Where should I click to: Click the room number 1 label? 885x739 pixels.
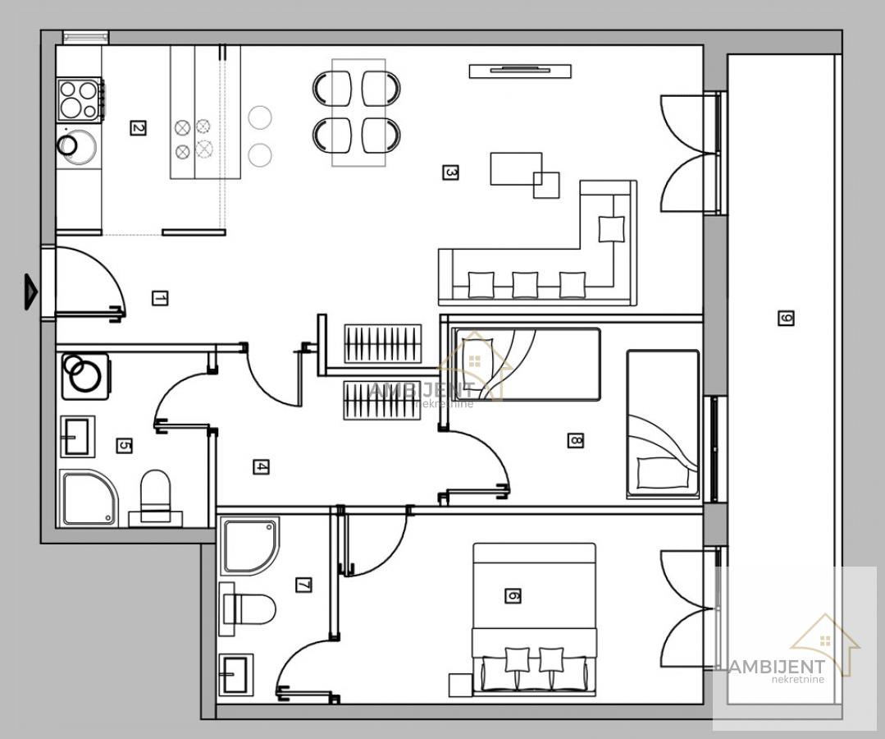160,298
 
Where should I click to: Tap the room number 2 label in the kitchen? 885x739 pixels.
138,128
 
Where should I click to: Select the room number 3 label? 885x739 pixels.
449,172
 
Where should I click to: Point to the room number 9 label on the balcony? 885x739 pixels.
786,318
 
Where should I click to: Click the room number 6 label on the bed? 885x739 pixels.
513,595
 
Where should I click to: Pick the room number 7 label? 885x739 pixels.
303,585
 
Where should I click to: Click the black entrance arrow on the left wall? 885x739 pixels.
30,291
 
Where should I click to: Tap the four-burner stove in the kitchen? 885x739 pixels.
80,99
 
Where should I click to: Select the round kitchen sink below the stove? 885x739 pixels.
76,146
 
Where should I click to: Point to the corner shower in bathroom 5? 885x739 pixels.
89,498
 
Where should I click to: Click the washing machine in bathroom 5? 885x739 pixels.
85,376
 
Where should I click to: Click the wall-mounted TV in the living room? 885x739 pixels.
520,71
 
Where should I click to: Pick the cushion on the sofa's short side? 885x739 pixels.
611,229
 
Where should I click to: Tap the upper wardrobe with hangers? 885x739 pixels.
383,343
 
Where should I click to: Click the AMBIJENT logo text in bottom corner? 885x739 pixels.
777,667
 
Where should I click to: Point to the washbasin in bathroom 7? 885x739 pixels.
236,675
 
